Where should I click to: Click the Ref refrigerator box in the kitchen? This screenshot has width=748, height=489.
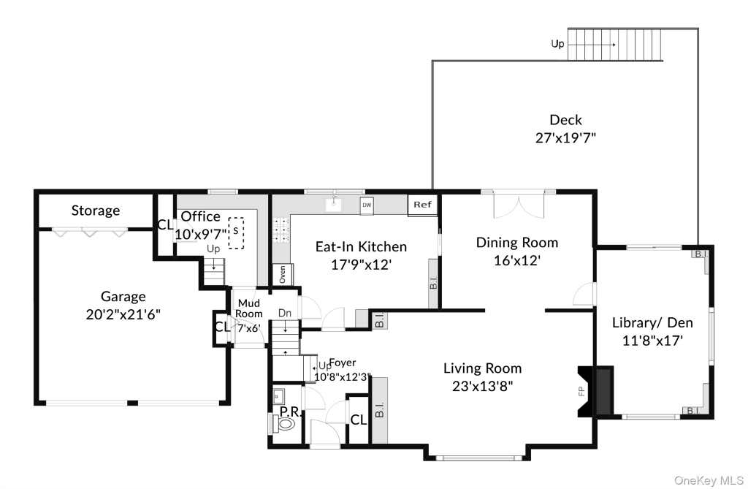423,205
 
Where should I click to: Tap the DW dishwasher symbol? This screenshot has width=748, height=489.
367,205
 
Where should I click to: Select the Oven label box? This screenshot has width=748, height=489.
283,275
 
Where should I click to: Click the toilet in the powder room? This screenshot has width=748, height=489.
284,423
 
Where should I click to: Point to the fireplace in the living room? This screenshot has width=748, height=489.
596,391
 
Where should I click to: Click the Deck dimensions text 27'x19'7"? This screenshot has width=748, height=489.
566,138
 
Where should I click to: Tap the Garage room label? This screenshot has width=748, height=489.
123,297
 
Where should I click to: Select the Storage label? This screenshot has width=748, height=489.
96,211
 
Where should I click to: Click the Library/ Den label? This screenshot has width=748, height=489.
652,323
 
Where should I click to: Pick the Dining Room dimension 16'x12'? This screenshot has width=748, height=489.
517,260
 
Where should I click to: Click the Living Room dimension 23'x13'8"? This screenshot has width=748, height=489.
482,386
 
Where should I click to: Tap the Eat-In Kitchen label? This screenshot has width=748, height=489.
361,247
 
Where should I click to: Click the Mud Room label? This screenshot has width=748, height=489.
249,308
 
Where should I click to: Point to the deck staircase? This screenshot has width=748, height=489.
615,45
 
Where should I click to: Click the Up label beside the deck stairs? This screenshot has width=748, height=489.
557,44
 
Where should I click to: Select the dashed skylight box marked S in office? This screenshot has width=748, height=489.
236,233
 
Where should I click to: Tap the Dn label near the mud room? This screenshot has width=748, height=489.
285,314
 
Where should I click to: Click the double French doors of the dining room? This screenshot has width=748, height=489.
518,204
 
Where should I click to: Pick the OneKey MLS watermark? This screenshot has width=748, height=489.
709,480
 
